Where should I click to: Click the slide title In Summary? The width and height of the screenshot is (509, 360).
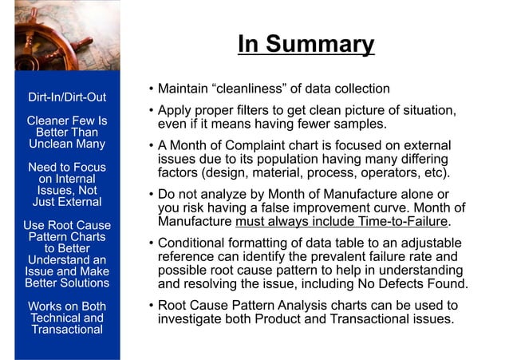coord(306,44)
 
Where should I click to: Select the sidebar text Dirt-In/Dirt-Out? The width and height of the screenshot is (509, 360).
coord(67,98)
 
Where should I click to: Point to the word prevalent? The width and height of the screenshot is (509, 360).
coord(358,256)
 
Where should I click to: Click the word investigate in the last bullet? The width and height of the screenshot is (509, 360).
coord(189,319)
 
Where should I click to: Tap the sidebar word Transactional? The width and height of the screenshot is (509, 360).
coord(67,330)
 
